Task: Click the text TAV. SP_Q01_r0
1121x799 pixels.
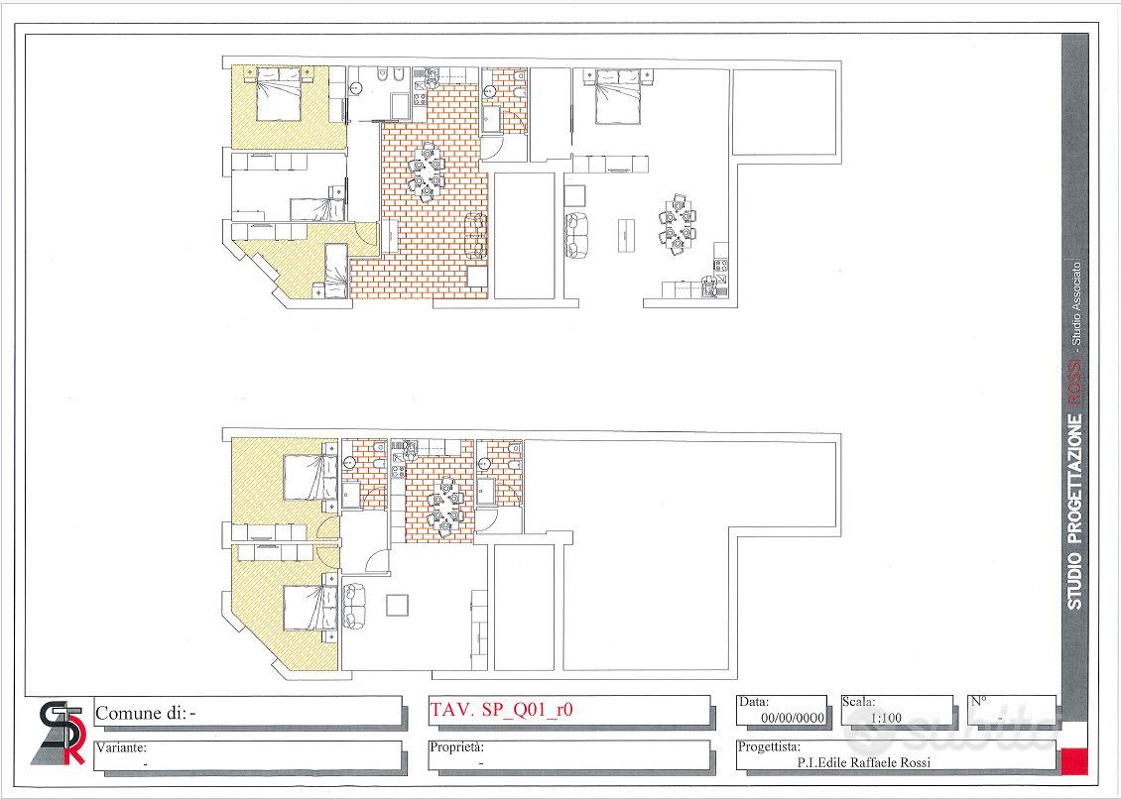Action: click(501, 710)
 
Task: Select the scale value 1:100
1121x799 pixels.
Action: click(886, 718)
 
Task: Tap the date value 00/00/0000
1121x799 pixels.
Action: click(793, 717)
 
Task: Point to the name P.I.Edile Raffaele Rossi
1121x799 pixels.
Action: click(864, 762)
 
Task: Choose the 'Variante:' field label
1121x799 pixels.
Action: click(122, 748)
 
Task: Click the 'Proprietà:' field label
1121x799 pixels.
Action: click(457, 747)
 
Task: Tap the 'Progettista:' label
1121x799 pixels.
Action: click(769, 747)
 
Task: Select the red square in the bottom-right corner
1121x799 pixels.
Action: click(1073, 761)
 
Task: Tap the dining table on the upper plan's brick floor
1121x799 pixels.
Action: click(427, 171)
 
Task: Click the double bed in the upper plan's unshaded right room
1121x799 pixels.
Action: click(617, 97)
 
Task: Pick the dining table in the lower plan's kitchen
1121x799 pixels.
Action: click(444, 506)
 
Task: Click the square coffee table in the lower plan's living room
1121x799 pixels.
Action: click(398, 606)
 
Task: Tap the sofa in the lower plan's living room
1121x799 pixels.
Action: click(353, 606)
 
